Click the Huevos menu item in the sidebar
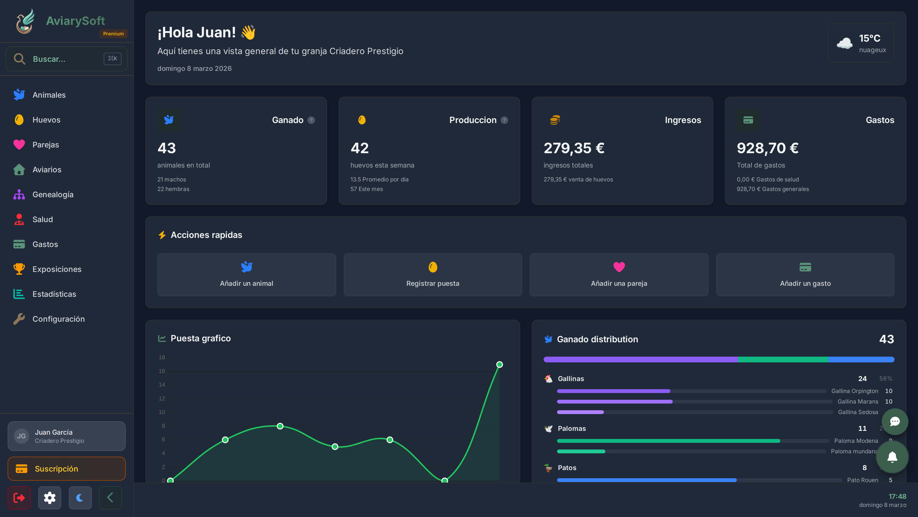coord(46,120)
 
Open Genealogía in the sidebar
coord(53,194)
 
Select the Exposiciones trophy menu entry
coord(57,269)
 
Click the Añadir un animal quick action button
coord(246,275)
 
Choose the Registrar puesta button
coord(433,275)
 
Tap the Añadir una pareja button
coord(619,275)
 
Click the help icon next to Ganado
coord(311,120)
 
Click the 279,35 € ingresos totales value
coord(574,148)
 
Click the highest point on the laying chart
coord(499,364)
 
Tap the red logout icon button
coord(19,497)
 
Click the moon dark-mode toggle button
coord(80,497)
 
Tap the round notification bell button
coord(892,457)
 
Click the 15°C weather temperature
coord(869,38)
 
